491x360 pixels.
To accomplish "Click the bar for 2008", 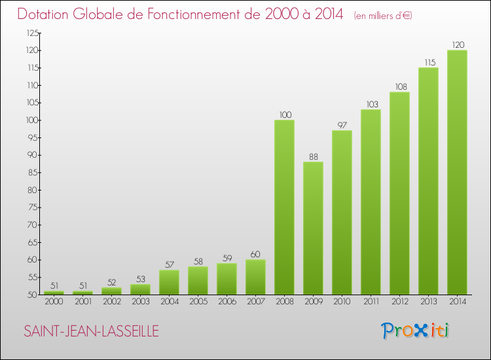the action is click(284, 207).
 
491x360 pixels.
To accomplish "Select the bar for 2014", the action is click(457, 172).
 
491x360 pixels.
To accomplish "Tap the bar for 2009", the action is click(313, 228).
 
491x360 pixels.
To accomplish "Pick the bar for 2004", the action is click(169, 282).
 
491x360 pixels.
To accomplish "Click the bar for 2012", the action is click(399, 193).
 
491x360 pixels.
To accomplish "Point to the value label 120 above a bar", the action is click(458, 45).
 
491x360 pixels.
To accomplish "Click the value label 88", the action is click(314, 156).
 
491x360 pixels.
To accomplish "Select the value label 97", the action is click(342, 125).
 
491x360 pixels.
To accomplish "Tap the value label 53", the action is click(141, 279).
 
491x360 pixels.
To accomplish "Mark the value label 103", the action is click(373, 104).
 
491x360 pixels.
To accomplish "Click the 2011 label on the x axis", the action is click(371, 302).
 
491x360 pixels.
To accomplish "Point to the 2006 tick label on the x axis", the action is click(227, 302).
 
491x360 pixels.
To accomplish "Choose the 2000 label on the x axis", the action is click(54, 302).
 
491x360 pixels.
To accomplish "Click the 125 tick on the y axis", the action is click(33, 33).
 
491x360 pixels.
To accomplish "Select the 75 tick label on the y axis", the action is click(33, 207).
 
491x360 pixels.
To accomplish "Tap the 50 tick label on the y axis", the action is click(33, 295).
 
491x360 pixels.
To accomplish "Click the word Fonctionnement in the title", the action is click(204, 14).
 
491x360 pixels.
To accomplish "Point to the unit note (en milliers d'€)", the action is click(383, 15).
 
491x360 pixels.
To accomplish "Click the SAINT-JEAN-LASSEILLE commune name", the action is click(92, 331).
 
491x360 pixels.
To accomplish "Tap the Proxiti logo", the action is click(415, 331).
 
